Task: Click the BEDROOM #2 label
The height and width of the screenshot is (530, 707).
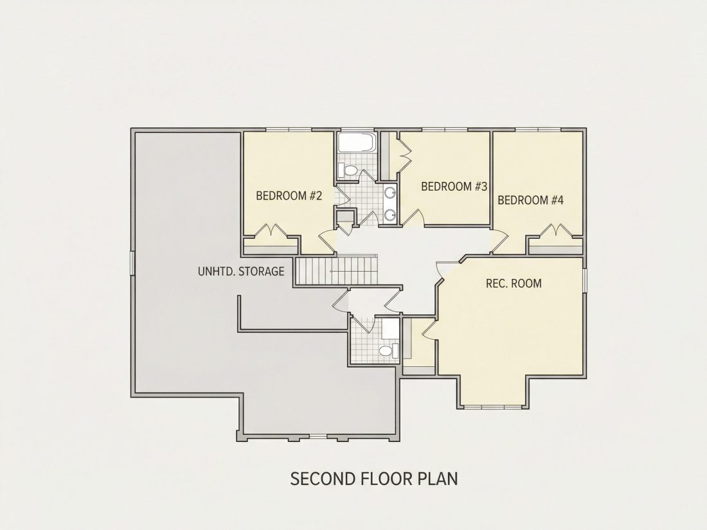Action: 289,196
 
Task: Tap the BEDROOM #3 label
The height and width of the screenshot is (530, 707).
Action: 454,186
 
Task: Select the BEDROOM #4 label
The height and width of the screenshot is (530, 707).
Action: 531,200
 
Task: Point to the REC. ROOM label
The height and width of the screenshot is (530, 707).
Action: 514,283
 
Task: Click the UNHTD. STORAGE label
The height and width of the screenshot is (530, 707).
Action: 241,271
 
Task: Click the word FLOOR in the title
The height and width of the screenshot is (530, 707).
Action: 386,479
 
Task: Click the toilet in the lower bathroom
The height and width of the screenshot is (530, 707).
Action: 388,350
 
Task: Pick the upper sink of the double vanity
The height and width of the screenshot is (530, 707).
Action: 390,193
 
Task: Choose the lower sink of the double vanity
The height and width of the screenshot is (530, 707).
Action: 390,214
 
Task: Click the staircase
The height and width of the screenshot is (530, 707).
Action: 336,270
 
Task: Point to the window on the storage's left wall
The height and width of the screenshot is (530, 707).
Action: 132,263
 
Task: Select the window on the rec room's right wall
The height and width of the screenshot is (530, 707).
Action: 585,280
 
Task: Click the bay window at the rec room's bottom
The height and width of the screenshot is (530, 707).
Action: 493,407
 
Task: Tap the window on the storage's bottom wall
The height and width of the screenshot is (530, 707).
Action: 318,436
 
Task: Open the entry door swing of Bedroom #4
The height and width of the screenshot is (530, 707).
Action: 499,241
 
